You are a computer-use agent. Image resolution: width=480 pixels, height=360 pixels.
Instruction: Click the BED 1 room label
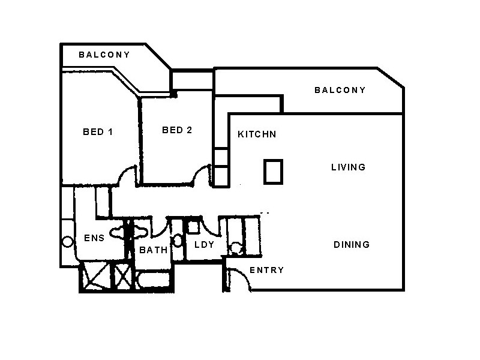point(97,132)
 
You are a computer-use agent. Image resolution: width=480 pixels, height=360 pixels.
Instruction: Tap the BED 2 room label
point(177,130)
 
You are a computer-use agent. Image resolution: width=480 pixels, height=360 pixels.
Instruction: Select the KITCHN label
point(257,134)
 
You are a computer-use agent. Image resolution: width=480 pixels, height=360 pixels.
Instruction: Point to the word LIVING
point(348,167)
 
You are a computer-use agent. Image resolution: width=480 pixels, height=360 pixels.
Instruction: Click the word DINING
point(352,245)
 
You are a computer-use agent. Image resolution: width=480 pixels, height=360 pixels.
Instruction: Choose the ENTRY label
point(266,271)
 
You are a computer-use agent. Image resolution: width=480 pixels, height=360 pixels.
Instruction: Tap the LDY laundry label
point(200,245)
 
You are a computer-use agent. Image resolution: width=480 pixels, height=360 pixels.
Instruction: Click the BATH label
point(153,251)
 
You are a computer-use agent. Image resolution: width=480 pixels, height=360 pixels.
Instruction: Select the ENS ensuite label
point(94,238)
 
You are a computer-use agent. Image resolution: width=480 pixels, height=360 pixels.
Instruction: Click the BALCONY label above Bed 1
point(104,55)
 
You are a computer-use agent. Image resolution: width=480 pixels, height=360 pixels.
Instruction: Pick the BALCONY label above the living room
point(340,91)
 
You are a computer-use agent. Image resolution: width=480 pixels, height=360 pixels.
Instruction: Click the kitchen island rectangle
point(273,172)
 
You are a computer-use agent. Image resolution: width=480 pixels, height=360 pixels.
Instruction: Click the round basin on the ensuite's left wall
point(67,242)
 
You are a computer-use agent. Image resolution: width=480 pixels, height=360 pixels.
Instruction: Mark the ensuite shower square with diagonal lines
point(94,277)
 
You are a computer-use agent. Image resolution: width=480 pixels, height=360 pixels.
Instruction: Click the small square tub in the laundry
point(193,227)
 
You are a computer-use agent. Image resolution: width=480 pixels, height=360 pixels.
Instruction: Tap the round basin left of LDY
point(178,241)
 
